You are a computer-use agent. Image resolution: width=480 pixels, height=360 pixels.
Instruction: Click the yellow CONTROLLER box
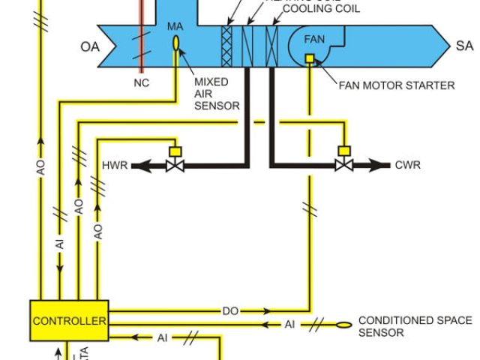pyautogui.click(x=70, y=321)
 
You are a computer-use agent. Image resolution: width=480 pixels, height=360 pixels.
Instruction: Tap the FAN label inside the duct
pyautogui.click(x=314, y=39)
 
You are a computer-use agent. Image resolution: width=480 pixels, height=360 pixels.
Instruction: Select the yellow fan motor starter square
pyautogui.click(x=309, y=58)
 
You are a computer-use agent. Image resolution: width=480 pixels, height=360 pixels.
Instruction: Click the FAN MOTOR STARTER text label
pyautogui.click(x=397, y=85)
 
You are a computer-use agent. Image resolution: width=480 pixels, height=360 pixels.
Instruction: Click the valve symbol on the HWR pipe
pyautogui.click(x=176, y=164)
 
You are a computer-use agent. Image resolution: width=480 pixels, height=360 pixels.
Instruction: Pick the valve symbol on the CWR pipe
pyautogui.click(x=344, y=164)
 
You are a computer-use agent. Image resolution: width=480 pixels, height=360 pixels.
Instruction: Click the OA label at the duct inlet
pyautogui.click(x=89, y=47)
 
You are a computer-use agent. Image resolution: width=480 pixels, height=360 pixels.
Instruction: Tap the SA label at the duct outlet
pyautogui.click(x=464, y=46)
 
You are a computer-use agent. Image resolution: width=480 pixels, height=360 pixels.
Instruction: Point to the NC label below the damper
pyautogui.click(x=141, y=83)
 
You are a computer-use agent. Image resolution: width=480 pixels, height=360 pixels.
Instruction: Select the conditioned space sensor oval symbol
pyautogui.click(x=343, y=325)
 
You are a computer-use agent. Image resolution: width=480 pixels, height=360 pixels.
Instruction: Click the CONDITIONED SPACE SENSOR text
pyautogui.click(x=415, y=326)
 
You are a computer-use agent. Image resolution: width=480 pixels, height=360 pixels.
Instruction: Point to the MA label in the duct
pyautogui.click(x=175, y=27)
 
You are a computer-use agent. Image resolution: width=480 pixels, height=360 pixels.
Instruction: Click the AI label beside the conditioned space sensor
pyautogui.click(x=290, y=324)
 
